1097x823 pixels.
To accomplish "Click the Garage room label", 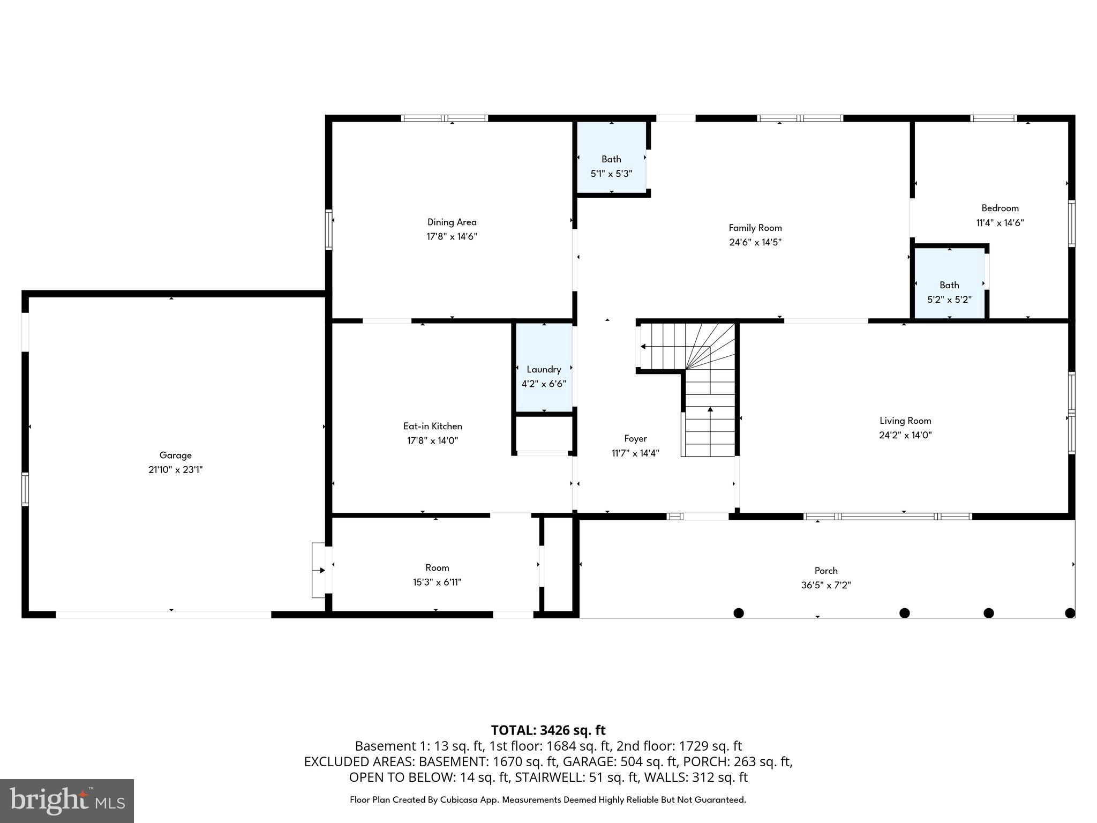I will click(175, 455).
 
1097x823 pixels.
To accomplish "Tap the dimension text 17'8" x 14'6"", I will click(452, 236).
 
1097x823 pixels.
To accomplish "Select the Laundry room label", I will click(544, 369).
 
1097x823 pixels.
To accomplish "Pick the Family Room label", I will click(755, 228).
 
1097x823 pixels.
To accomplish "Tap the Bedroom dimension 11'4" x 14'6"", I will click(1000, 222).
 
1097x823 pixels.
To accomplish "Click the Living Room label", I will click(905, 421).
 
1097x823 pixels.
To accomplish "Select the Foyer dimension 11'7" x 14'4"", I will click(635, 453).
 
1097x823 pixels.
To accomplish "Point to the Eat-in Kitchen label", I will click(432, 426).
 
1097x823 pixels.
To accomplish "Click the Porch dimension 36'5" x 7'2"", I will click(826, 585).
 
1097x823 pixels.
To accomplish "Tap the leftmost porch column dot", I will click(738, 613).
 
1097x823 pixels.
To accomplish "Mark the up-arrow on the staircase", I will click(710, 409).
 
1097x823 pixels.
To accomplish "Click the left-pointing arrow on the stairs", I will click(643, 347).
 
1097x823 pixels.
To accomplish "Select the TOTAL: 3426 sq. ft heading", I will click(548, 730).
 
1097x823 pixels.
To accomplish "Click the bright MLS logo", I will click(67, 800).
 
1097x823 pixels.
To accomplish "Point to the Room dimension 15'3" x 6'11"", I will click(437, 582).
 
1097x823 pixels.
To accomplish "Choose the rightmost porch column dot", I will click(1070, 613).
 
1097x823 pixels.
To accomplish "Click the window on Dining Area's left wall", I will click(328, 230).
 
